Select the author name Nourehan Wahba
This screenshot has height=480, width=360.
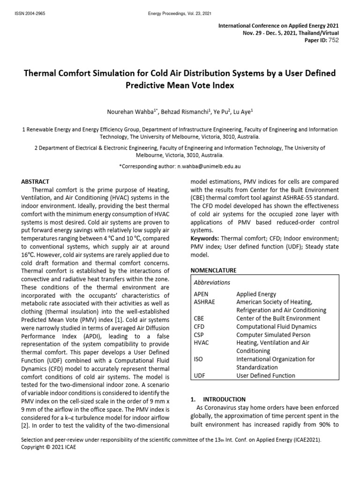tap(129, 112)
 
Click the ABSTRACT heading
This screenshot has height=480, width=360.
tap(36, 181)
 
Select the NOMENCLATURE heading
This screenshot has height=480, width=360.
tap(213, 270)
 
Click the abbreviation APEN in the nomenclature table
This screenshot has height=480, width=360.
tap(201, 294)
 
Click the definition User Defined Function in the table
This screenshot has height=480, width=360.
tap(266, 375)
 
